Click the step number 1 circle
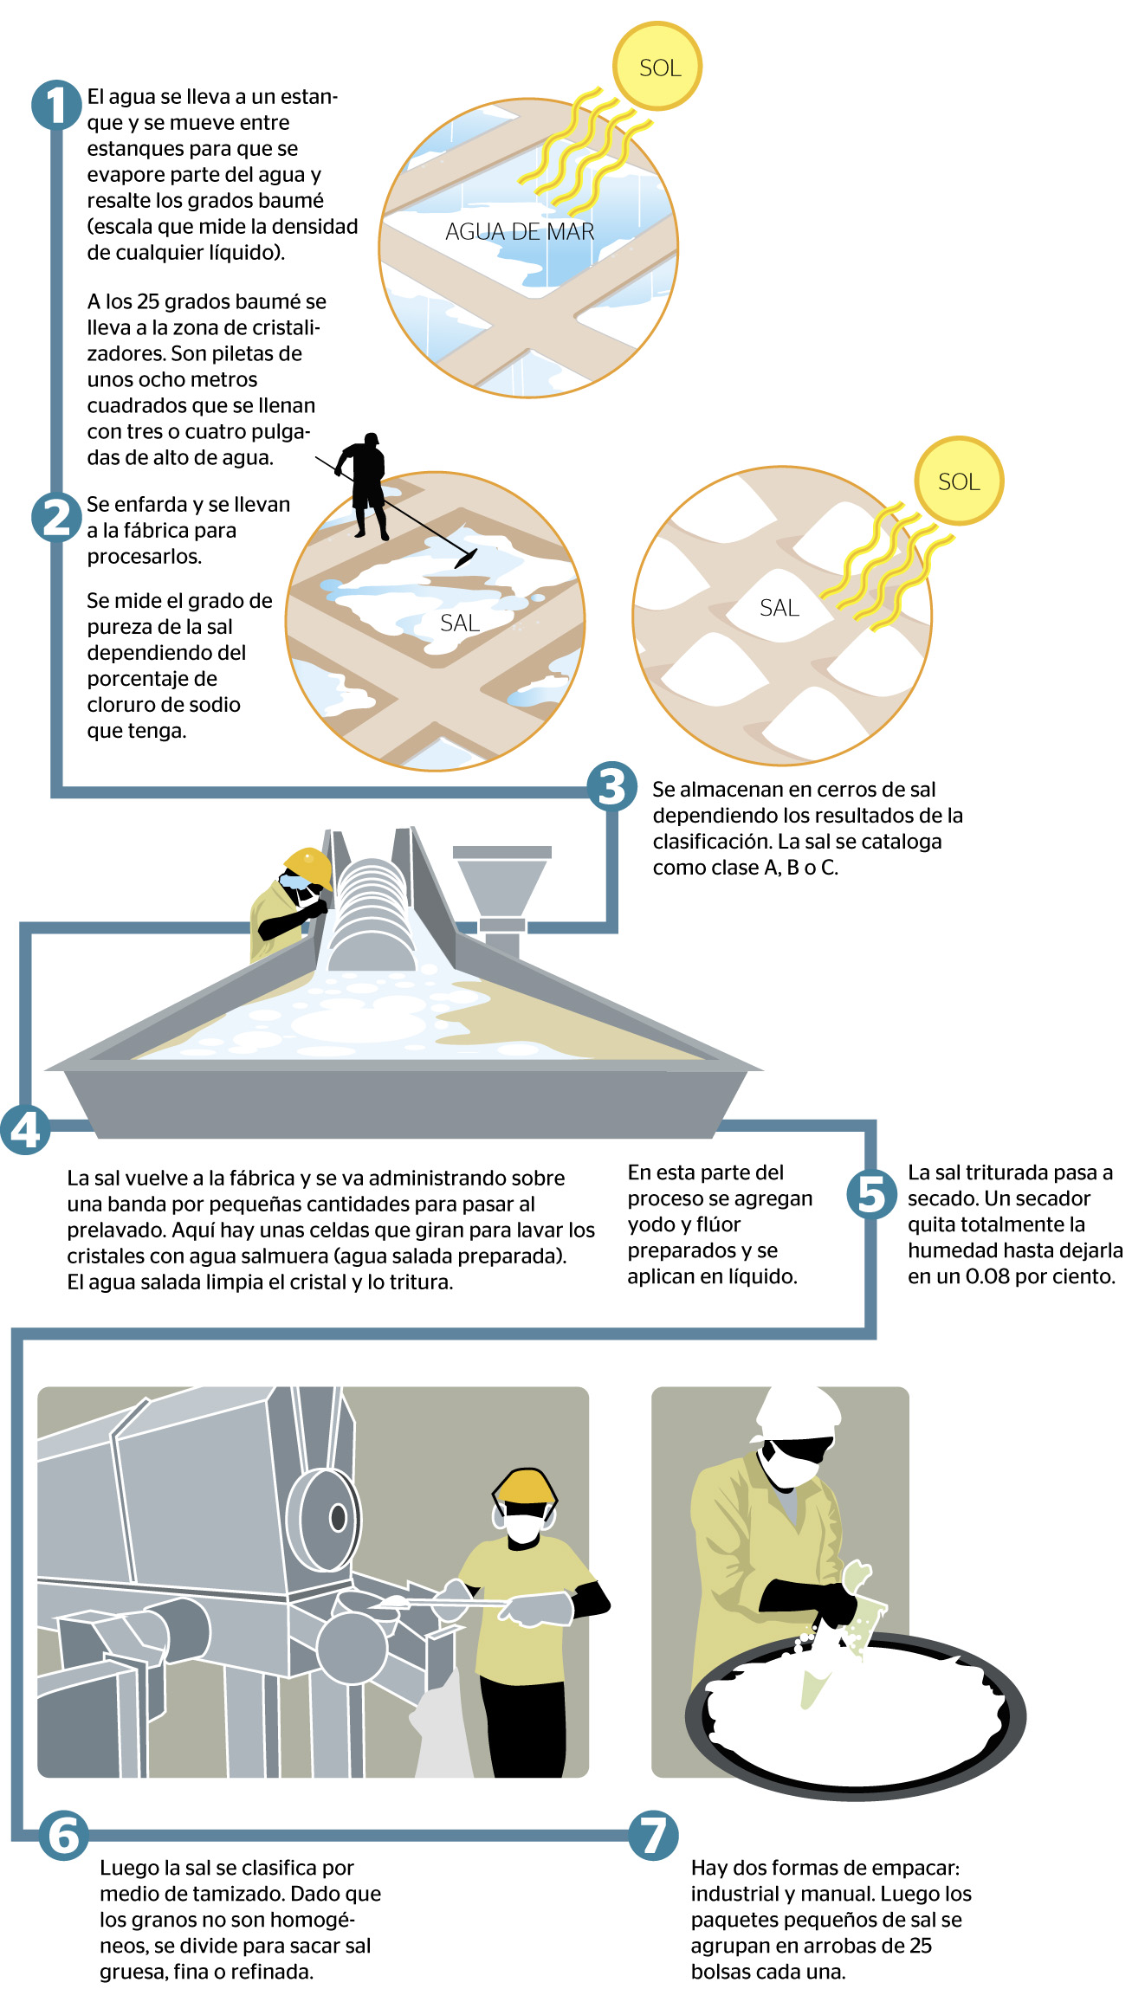56,106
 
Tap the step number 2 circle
56,517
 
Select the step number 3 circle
611,787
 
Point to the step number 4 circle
25,1129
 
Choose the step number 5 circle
872,1194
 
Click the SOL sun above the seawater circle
657,67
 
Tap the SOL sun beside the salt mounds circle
959,481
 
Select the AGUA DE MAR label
520,232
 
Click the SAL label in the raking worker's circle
459,623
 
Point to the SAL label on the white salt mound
779,608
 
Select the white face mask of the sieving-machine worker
522,1527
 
